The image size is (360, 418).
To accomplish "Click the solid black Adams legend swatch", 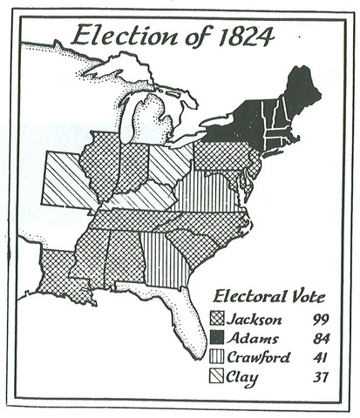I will pos(217,338).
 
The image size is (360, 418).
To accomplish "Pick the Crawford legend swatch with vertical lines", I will pos(217,357).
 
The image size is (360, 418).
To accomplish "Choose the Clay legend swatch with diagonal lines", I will pos(217,376).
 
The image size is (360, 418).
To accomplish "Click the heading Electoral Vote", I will pos(261,296).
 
